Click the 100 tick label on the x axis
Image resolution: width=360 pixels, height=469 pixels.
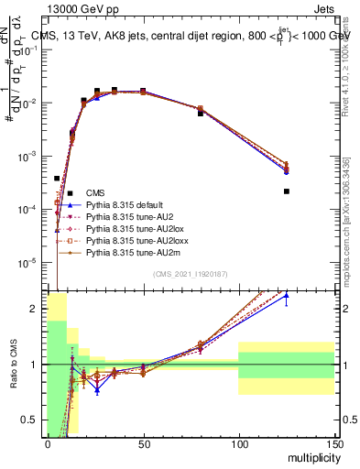tap(238, 443)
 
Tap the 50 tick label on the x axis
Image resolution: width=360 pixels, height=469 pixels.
tap(143, 443)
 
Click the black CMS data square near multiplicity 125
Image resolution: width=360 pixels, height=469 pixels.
tap(287, 191)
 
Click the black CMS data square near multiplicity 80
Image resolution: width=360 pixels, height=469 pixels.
tap(201, 113)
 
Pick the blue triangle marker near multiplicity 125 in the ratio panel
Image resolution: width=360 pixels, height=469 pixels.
tap(287, 296)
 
